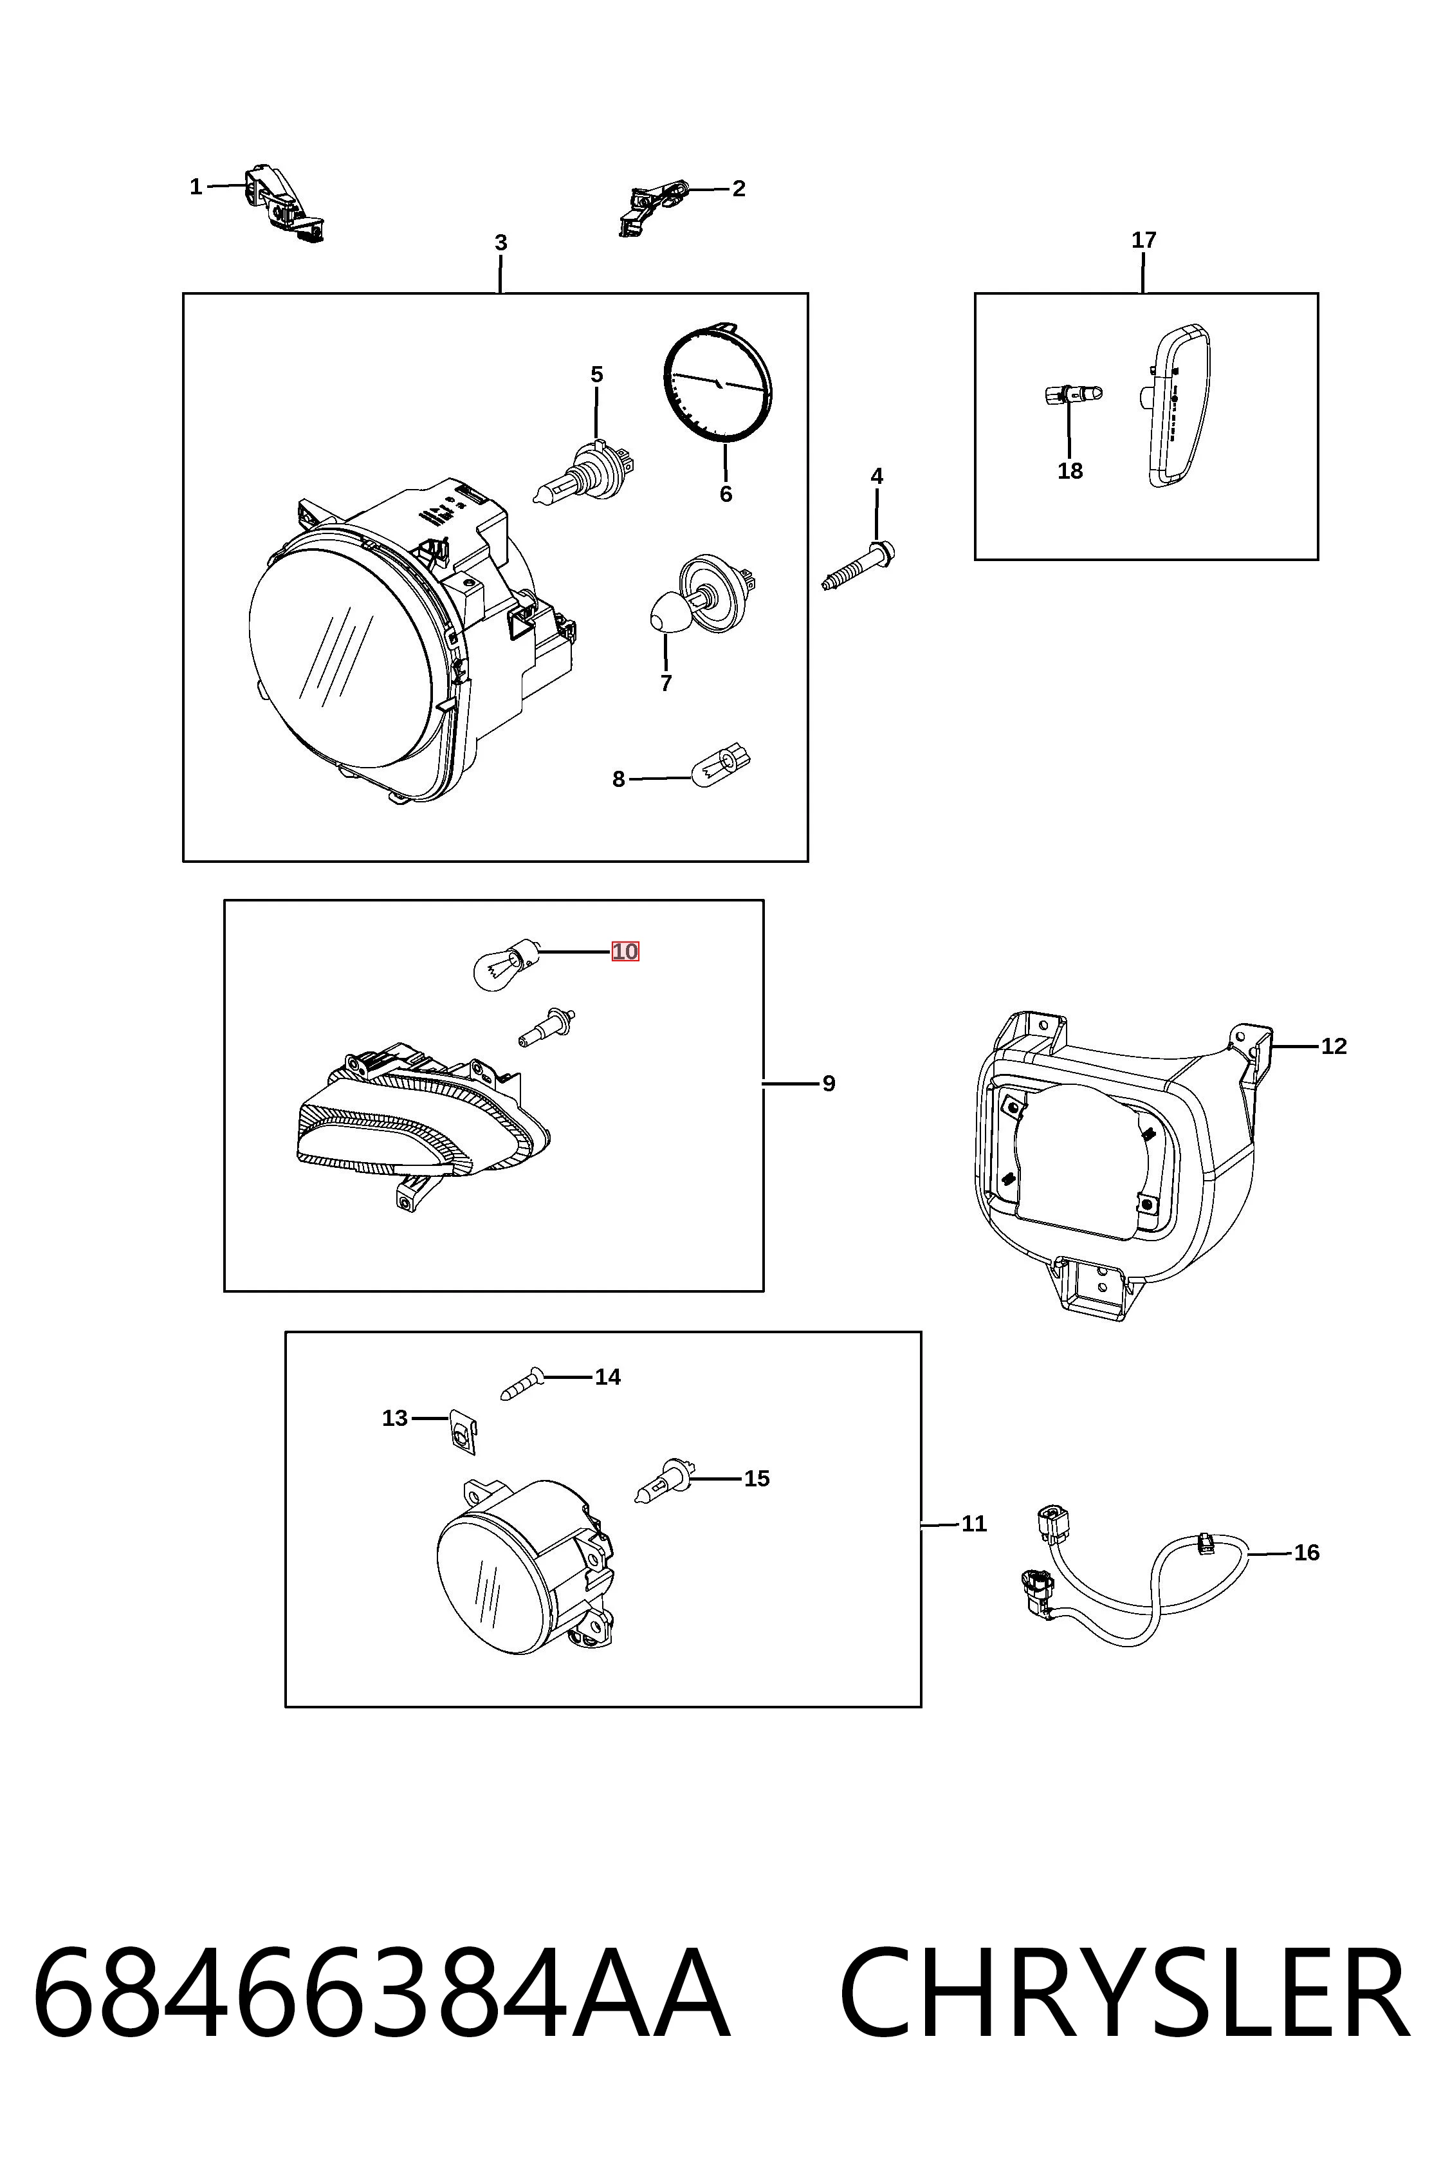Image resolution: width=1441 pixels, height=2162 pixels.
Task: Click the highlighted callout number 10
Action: click(x=625, y=952)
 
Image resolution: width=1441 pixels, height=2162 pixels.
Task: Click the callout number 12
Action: click(x=1334, y=1046)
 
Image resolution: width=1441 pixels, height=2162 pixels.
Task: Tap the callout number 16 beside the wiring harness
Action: click(x=1306, y=1553)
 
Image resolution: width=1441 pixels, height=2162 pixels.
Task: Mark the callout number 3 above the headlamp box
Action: click(x=501, y=243)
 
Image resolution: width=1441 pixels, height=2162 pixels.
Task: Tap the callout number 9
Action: click(x=829, y=1084)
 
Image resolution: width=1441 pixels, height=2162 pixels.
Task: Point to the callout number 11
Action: click(x=974, y=1524)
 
